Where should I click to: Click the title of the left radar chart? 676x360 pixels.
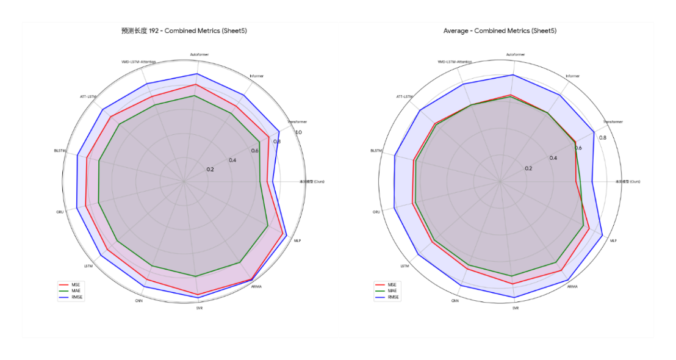[184, 31]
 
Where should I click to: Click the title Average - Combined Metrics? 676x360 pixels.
[500, 31]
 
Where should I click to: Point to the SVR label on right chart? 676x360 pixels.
[516, 308]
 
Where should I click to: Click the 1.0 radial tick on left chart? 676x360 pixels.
[298, 133]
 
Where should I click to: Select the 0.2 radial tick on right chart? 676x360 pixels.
[528, 168]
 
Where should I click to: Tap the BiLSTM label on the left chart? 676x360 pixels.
[60, 151]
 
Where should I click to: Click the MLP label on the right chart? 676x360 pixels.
[613, 240]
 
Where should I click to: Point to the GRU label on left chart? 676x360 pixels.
[60, 212]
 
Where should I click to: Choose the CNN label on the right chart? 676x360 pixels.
[455, 301]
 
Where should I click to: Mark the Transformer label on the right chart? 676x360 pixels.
[613, 122]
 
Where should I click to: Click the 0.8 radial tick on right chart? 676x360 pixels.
[603, 138]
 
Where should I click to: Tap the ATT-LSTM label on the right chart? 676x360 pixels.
[405, 96]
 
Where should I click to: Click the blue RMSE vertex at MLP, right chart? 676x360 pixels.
[603, 236]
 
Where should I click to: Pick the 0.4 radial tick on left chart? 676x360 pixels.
[232, 160]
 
